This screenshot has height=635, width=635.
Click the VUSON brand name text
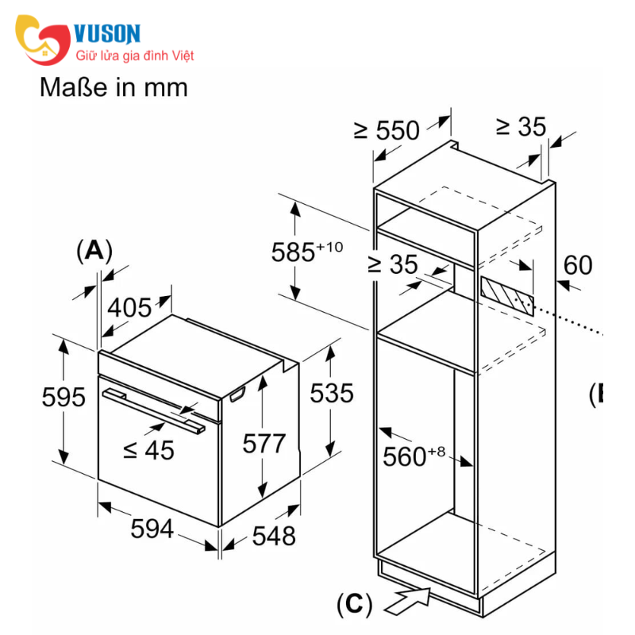[x=107, y=33]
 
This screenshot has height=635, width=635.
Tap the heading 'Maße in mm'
[x=114, y=87]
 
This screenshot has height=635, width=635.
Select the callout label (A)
[x=94, y=251]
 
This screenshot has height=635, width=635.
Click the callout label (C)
[x=354, y=605]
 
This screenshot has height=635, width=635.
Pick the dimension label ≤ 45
[x=148, y=450]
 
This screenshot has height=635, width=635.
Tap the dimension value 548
[x=273, y=536]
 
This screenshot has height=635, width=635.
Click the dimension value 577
[x=264, y=443]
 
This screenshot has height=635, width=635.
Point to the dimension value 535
[x=331, y=392]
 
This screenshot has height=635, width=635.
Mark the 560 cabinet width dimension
[x=414, y=456]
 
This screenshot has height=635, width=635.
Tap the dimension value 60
[x=578, y=264]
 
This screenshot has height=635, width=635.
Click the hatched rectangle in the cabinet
[x=506, y=294]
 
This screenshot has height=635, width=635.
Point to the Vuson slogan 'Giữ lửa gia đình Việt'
[x=134, y=56]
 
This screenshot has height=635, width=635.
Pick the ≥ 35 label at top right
[x=521, y=126]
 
